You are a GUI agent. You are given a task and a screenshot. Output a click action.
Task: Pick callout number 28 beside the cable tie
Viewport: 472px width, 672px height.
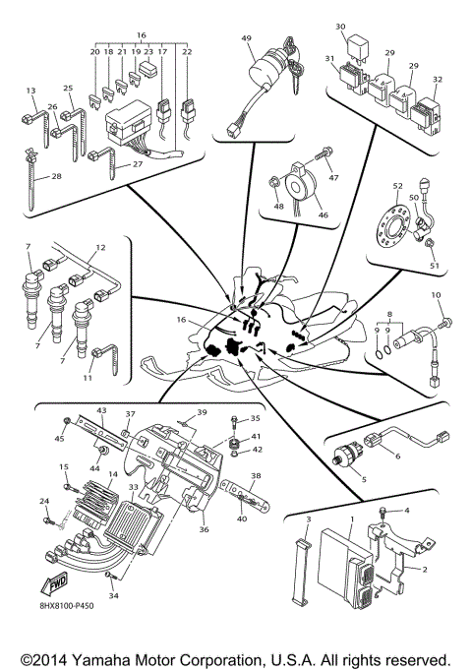click(x=56, y=176)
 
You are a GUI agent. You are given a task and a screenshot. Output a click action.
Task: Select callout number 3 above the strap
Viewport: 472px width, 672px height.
click(x=308, y=518)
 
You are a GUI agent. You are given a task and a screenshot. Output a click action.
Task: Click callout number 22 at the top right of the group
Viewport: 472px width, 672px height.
click(x=188, y=51)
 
